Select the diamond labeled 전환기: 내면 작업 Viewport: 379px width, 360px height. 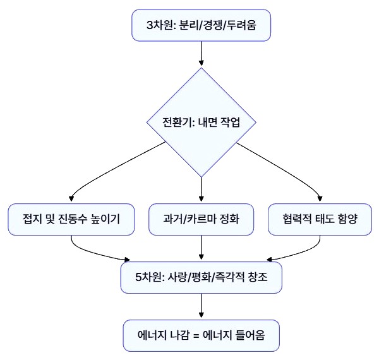click(x=201, y=122)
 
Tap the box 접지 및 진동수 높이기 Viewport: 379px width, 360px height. click(x=71, y=219)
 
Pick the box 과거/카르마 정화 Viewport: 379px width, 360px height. click(x=201, y=219)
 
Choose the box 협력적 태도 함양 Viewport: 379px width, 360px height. click(x=320, y=219)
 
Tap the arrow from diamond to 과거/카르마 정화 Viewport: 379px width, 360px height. click(x=201, y=188)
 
